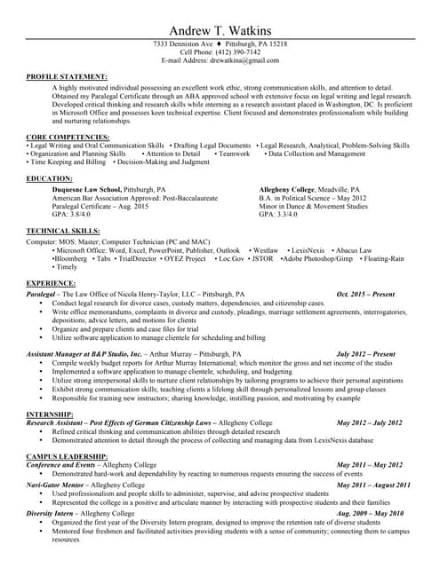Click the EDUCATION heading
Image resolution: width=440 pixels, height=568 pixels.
pyautogui.click(x=50, y=178)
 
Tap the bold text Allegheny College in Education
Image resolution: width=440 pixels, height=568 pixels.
pyautogui.click(x=290, y=190)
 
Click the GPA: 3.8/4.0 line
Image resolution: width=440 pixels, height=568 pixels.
pyautogui.click(x=71, y=214)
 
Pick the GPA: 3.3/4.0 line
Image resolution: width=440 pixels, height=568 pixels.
pyautogui.click(x=278, y=214)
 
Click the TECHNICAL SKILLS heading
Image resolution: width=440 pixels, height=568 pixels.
pyautogui.click(x=63, y=231)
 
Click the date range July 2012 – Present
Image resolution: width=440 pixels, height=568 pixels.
pyautogui.click(x=366, y=353)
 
